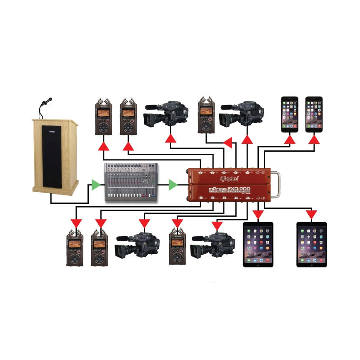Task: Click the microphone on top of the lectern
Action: pyautogui.click(x=49, y=101)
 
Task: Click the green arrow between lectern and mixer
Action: pyautogui.click(x=96, y=184)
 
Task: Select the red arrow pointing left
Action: pyautogui.click(x=227, y=143)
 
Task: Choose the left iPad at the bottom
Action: pyautogui.click(x=258, y=244)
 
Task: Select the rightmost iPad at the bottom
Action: pyautogui.click(x=312, y=244)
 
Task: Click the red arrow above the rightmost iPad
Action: pyautogui.click(x=311, y=214)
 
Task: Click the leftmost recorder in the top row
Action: pyautogui.click(x=103, y=117)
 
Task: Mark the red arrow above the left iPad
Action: pyautogui.click(x=258, y=215)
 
